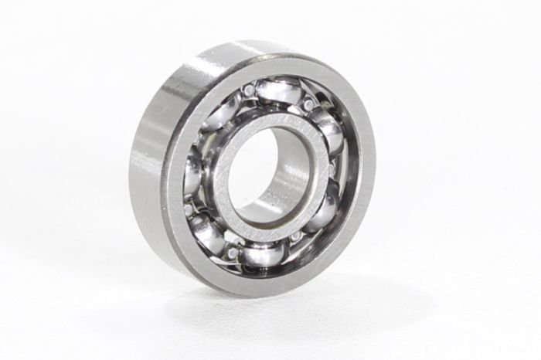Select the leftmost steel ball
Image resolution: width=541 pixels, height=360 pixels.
pos(192,177)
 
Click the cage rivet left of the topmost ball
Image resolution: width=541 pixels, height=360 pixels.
pos(249,91)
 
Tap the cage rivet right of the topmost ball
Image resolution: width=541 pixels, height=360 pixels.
pos(308,104)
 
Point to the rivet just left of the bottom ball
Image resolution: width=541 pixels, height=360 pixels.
pos(233,252)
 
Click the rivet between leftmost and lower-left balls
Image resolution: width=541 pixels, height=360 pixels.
pos(189,209)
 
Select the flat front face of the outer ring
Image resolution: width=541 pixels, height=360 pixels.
pos(352,232)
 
